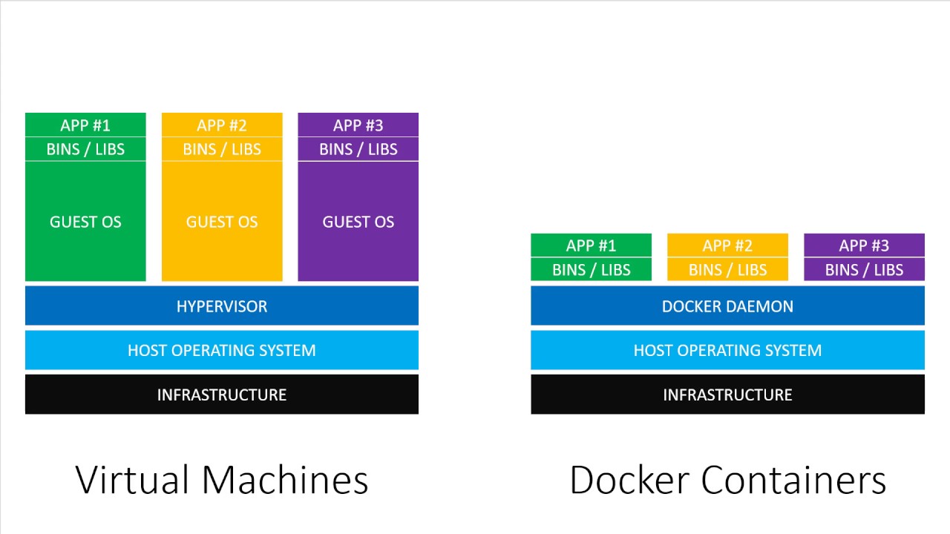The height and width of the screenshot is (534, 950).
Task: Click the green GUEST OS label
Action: click(x=85, y=222)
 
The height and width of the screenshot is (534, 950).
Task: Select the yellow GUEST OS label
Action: click(x=222, y=222)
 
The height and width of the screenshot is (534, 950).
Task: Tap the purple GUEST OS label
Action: click(x=358, y=222)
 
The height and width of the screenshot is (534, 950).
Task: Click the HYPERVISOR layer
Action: click(x=222, y=306)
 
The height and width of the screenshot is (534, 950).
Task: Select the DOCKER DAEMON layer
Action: click(x=727, y=306)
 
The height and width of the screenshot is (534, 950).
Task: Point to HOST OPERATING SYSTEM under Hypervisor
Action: click(x=222, y=350)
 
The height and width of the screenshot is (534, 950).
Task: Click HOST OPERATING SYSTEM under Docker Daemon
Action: click(x=727, y=350)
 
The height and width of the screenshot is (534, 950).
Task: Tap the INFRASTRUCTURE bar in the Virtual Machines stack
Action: click(x=222, y=395)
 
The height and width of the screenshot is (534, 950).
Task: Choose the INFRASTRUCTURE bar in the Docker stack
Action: click(x=727, y=395)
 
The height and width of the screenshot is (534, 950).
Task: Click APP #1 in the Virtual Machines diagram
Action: click(x=85, y=125)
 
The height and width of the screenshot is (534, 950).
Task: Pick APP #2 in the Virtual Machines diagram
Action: click(x=222, y=125)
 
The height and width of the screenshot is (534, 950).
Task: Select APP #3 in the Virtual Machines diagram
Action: click(x=358, y=125)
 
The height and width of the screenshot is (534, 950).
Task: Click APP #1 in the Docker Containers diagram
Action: click(x=591, y=245)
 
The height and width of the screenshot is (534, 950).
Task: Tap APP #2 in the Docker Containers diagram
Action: click(x=727, y=245)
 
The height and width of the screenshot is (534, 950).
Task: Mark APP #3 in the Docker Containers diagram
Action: click(x=864, y=245)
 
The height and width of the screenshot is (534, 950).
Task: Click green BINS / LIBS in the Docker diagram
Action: click(x=591, y=270)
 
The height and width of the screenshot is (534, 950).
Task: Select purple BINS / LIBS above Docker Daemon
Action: click(x=864, y=270)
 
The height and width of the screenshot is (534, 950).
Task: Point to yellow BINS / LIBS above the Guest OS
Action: click(x=222, y=149)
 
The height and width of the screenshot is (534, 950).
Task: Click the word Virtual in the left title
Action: click(x=131, y=480)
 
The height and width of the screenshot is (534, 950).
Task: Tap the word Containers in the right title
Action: click(x=793, y=480)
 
